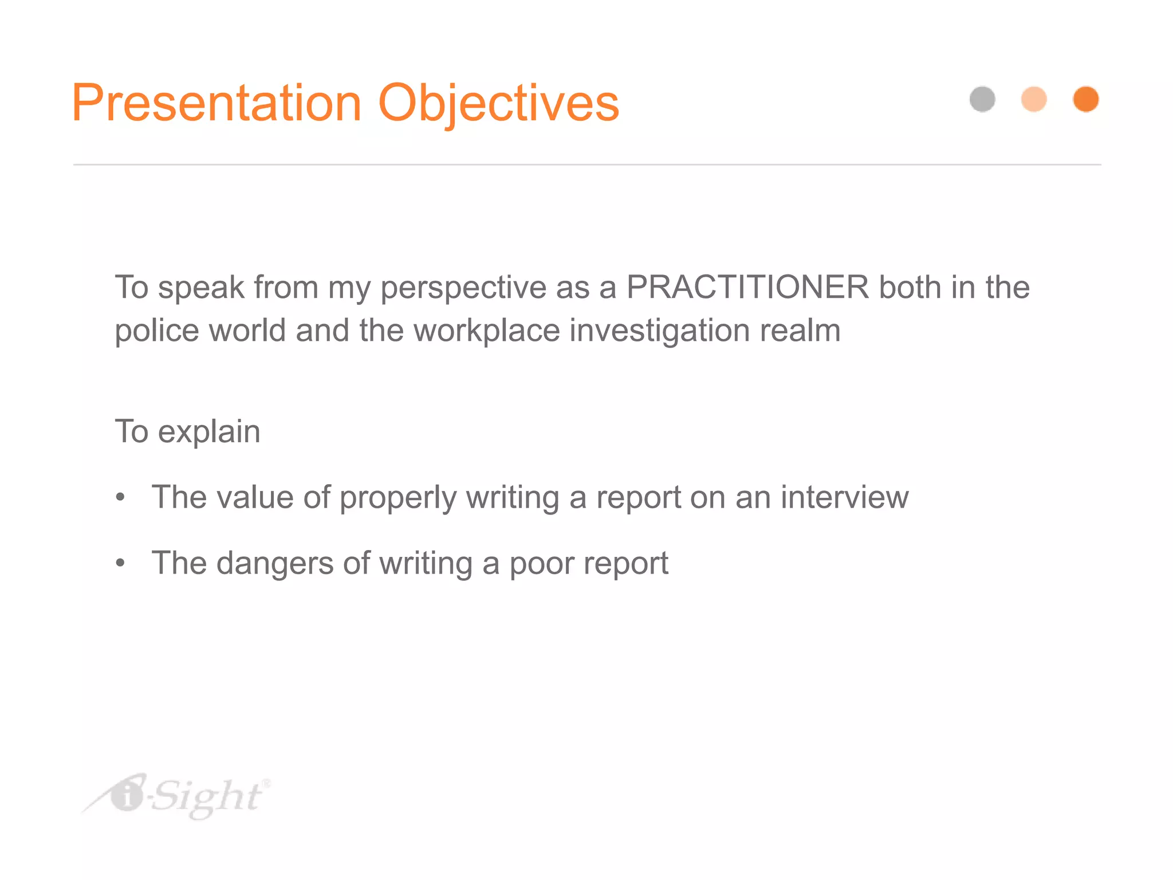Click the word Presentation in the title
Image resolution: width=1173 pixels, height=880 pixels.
pyautogui.click(x=217, y=103)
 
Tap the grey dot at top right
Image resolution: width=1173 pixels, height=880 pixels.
pyautogui.click(x=982, y=99)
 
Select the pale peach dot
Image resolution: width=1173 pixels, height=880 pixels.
pyautogui.click(x=1034, y=99)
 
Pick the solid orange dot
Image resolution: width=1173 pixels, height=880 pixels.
pyautogui.click(x=1085, y=99)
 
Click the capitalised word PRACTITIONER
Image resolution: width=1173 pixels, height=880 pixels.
pyautogui.click(x=747, y=287)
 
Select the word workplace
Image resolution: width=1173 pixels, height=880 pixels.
pyautogui.click(x=486, y=331)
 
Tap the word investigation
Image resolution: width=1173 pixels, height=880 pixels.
pyautogui.click(x=659, y=331)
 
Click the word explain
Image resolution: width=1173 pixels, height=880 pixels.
pyautogui.click(x=209, y=432)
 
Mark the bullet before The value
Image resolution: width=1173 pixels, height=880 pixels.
pyautogui.click(x=120, y=497)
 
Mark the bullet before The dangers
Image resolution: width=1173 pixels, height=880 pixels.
pyautogui.click(x=120, y=563)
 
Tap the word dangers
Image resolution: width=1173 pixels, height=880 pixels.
pyautogui.click(x=275, y=563)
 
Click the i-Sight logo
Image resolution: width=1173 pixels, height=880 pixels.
pyautogui.click(x=178, y=796)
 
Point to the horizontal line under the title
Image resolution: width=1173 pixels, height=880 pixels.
pyautogui.click(x=586, y=164)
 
